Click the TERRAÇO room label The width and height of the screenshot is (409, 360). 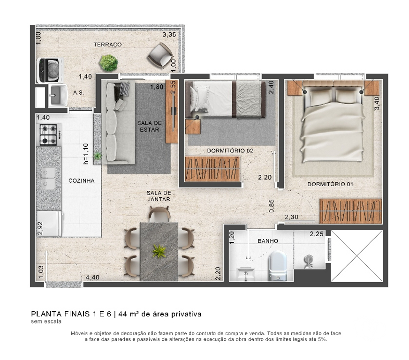click(107, 45)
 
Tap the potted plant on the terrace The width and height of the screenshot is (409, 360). click(108, 63)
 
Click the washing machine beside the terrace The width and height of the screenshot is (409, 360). click(48, 69)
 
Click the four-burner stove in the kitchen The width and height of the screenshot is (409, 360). click(48, 135)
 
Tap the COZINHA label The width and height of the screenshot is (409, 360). click(82, 180)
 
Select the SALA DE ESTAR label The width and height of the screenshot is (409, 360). click(149, 126)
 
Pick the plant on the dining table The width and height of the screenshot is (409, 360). click(159, 251)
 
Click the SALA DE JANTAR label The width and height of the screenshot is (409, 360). click(158, 196)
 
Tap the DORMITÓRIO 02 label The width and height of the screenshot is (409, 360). click(230, 151)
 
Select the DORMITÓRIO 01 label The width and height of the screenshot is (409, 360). click(330, 184)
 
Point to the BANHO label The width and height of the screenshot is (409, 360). click(268, 241)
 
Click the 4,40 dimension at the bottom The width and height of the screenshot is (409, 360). click(92, 278)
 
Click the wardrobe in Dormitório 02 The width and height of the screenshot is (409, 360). click(212, 168)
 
